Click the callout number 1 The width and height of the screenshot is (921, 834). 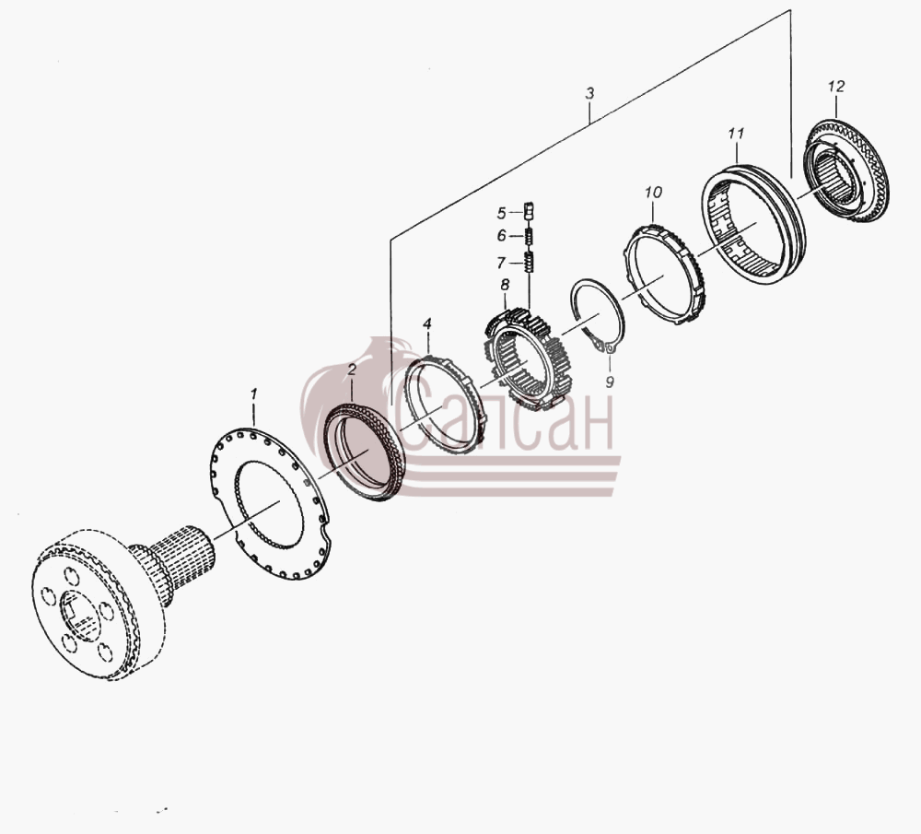[x=254, y=394]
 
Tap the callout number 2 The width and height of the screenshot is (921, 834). [x=352, y=370]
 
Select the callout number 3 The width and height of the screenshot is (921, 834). [x=589, y=93]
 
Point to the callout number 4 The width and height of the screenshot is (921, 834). [x=427, y=323]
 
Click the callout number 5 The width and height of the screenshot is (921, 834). [x=501, y=213]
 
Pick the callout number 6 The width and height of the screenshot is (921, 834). [x=501, y=236]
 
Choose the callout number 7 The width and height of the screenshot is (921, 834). [x=501, y=262]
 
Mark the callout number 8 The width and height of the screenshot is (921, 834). [x=505, y=285]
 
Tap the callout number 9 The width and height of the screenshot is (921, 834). [x=610, y=382]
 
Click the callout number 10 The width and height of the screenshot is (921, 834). [x=653, y=193]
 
